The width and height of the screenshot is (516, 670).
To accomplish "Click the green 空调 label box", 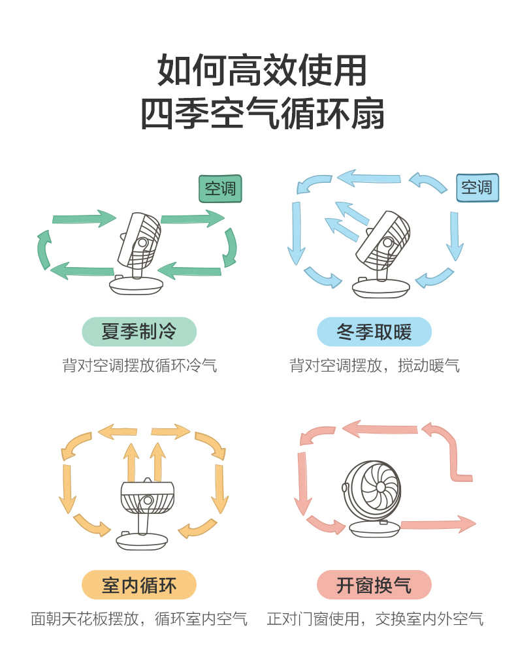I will (220, 189).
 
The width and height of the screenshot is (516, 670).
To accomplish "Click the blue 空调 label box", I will (476, 188).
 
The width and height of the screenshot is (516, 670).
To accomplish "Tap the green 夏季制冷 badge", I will (138, 332).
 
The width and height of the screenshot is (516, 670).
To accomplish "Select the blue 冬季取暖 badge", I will (374, 332).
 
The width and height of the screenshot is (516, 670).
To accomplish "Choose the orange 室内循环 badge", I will (138, 584).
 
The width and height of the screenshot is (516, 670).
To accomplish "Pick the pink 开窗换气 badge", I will (374, 584).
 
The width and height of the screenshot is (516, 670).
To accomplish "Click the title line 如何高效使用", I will (262, 71).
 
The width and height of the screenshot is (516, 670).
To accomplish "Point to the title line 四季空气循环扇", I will (262, 114).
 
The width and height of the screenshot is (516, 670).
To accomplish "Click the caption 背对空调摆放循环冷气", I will (139, 365).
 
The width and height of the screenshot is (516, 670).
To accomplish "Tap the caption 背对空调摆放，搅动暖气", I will (374, 365).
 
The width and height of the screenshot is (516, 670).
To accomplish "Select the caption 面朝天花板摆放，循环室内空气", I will (139, 618).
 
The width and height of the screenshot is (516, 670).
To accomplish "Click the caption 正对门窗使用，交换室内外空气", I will (375, 618).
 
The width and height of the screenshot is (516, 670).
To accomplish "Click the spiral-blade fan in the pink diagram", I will (372, 496).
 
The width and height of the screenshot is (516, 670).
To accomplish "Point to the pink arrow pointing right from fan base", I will (438, 524).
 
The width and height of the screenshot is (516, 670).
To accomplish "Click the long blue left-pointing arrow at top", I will (369, 178).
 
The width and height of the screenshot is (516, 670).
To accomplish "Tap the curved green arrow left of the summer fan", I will (44, 249).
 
